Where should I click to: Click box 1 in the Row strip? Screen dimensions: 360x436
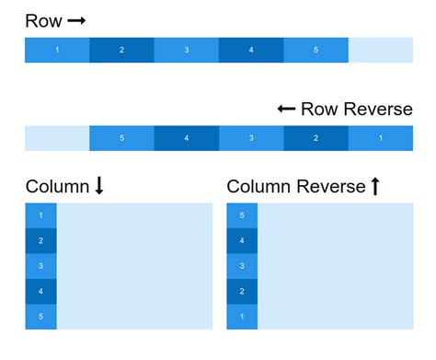point(57,50)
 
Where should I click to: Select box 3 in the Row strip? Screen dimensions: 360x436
point(186,50)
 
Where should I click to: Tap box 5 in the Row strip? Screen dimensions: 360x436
point(316,50)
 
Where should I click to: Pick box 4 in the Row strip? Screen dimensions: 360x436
point(251,50)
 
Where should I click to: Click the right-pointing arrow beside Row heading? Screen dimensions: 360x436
point(76,20)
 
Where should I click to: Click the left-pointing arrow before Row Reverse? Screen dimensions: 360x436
point(286,110)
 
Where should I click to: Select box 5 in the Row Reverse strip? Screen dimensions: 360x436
point(121,138)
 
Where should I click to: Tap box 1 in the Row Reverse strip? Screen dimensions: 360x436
point(380,138)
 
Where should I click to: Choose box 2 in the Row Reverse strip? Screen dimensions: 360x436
point(316,138)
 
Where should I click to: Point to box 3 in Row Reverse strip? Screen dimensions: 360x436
point(251,138)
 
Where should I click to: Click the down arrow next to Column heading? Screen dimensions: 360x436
point(99,187)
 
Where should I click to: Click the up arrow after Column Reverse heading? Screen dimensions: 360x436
point(374,187)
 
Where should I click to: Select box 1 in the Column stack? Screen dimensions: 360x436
point(40,215)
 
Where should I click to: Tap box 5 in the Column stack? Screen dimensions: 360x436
point(40,316)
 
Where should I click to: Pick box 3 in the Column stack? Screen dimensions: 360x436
point(40,266)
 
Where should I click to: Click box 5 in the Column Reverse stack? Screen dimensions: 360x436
point(242,215)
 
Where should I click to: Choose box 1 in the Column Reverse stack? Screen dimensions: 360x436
point(242,316)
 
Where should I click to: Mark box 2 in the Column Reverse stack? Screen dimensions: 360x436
point(242,291)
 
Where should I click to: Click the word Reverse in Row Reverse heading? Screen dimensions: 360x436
point(377,110)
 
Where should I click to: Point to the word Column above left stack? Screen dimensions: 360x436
point(57,187)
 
